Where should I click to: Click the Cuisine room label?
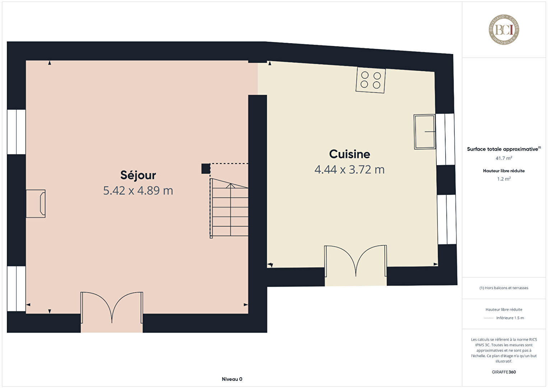[x=349, y=154]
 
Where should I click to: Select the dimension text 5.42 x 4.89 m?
[x=138, y=191]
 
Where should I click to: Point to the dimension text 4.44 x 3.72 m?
[x=349, y=169]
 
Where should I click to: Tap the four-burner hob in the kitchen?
[x=370, y=80]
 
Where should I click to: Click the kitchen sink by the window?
[x=425, y=132]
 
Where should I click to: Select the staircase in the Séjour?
[x=229, y=208]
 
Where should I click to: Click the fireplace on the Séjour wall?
[x=36, y=204]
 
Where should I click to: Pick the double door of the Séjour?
[x=112, y=308]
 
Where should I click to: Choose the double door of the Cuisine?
[x=356, y=261]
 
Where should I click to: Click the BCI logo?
[x=504, y=29]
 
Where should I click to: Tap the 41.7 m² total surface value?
[x=504, y=158]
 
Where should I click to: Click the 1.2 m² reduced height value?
[x=504, y=179]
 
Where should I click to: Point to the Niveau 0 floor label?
[x=232, y=379]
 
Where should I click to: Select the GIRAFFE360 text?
[x=504, y=372]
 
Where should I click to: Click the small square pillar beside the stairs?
[x=206, y=169]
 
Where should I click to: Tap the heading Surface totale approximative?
[x=502, y=149]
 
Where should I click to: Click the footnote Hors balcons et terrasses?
[x=504, y=288]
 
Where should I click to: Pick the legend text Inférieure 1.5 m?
[x=510, y=318]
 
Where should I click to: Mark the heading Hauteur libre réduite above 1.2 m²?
[x=504, y=171]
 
